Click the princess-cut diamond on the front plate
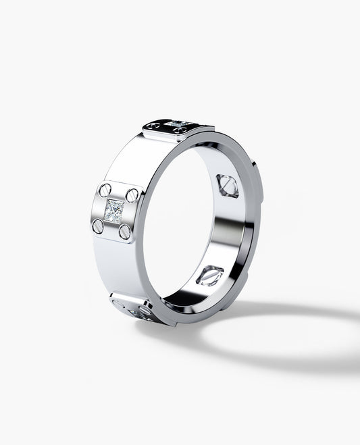tap(113, 210)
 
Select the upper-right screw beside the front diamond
tap(132, 194)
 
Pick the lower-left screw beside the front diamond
tap(99, 226)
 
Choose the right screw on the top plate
tap(200, 126)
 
